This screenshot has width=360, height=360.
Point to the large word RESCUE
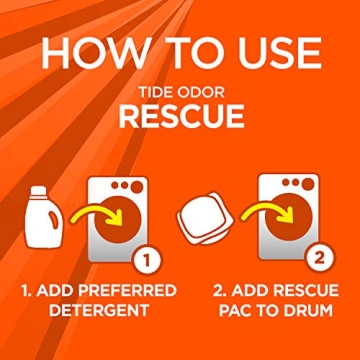180,116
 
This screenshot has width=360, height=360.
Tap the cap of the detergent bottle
41,192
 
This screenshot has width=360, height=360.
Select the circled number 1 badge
146,261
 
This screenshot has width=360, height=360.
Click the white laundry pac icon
210,224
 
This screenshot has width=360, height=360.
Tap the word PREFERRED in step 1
127,291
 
